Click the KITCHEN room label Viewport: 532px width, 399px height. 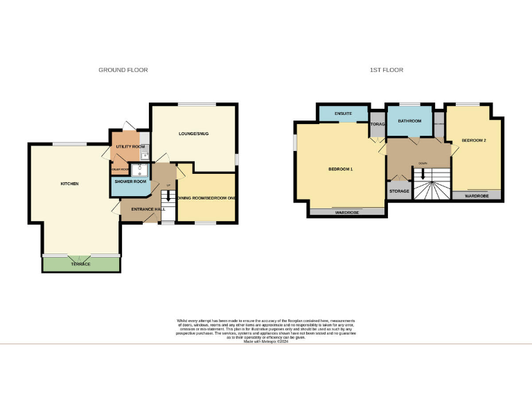pyautogui.click(x=69, y=184)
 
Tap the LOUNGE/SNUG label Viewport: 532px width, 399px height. pyautogui.click(x=193, y=133)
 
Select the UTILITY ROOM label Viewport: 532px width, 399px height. pyautogui.click(x=128, y=147)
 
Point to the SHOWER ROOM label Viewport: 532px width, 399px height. pyautogui.click(x=131, y=181)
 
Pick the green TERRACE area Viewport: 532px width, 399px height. pyautogui.click(x=82, y=264)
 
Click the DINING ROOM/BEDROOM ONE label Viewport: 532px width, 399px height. pyautogui.click(x=207, y=199)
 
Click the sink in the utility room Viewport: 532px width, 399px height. pyautogui.click(x=144, y=157)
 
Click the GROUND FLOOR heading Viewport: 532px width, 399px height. pyautogui.click(x=123, y=70)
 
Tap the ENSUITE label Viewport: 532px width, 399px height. pyautogui.click(x=343, y=113)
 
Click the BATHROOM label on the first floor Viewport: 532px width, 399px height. pyautogui.click(x=409, y=121)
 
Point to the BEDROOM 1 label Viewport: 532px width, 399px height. pyautogui.click(x=341, y=169)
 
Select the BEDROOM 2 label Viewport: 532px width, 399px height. pyautogui.click(x=474, y=141)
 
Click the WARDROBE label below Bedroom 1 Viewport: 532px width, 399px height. pyautogui.click(x=346, y=213)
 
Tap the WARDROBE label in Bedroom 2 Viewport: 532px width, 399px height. pyautogui.click(x=477, y=196)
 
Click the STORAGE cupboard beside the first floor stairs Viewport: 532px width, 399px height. pyautogui.click(x=399, y=190)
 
